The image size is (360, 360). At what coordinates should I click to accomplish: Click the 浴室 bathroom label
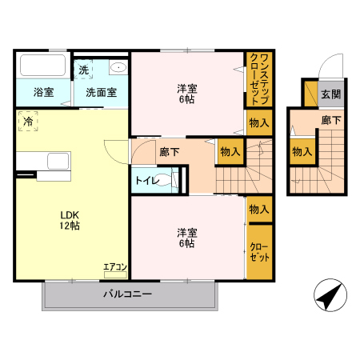pyautogui.click(x=44, y=92)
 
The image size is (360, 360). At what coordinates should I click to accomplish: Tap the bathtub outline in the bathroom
pyautogui.click(x=44, y=65)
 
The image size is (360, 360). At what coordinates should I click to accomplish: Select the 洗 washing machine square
pyautogui.click(x=84, y=70)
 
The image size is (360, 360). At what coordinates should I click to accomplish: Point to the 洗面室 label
pyautogui.click(x=102, y=92)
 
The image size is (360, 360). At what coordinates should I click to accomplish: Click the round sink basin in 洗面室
pyautogui.click(x=118, y=67)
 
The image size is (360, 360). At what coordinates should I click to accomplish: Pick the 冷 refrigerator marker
pyautogui.click(x=28, y=122)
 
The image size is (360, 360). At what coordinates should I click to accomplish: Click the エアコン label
pyautogui.click(x=115, y=266)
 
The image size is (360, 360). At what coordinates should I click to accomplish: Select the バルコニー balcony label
pyautogui.click(x=127, y=294)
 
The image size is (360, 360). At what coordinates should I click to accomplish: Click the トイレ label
pyautogui.click(x=146, y=181)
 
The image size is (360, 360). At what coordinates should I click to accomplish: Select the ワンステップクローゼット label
pyautogui.click(x=258, y=79)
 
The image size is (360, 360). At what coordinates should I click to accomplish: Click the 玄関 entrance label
pyautogui.click(x=330, y=94)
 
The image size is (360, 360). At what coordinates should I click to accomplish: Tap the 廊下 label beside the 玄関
pyautogui.click(x=330, y=121)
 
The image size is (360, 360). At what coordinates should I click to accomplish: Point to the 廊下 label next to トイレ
pyautogui.click(x=169, y=150)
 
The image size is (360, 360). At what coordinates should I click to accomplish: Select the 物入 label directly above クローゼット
pyautogui.click(x=258, y=209)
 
